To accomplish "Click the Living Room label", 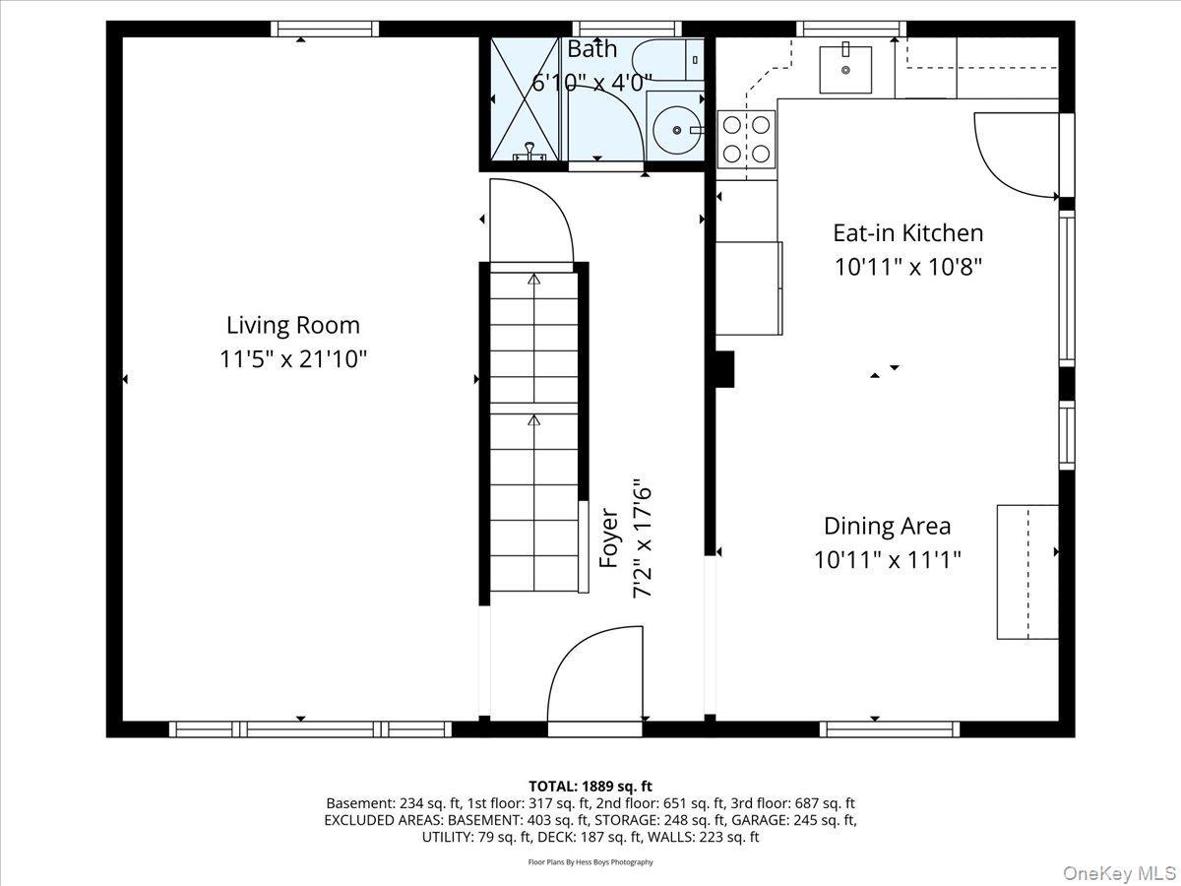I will [x=293, y=325].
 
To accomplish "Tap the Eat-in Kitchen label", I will [x=907, y=233].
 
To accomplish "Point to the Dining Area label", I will [x=887, y=526].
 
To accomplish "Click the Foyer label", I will [x=609, y=538].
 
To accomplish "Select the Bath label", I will [x=592, y=48].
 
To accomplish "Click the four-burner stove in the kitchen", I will [x=746, y=138].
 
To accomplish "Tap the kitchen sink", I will [x=846, y=67].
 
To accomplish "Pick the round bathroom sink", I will [x=674, y=128].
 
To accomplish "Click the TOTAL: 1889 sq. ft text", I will [x=590, y=786].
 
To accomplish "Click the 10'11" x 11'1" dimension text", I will [x=887, y=560].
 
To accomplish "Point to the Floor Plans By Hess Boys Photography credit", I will [x=590, y=862].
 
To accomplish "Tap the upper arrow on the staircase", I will [x=534, y=281].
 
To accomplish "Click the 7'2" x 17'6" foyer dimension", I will [x=643, y=538].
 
